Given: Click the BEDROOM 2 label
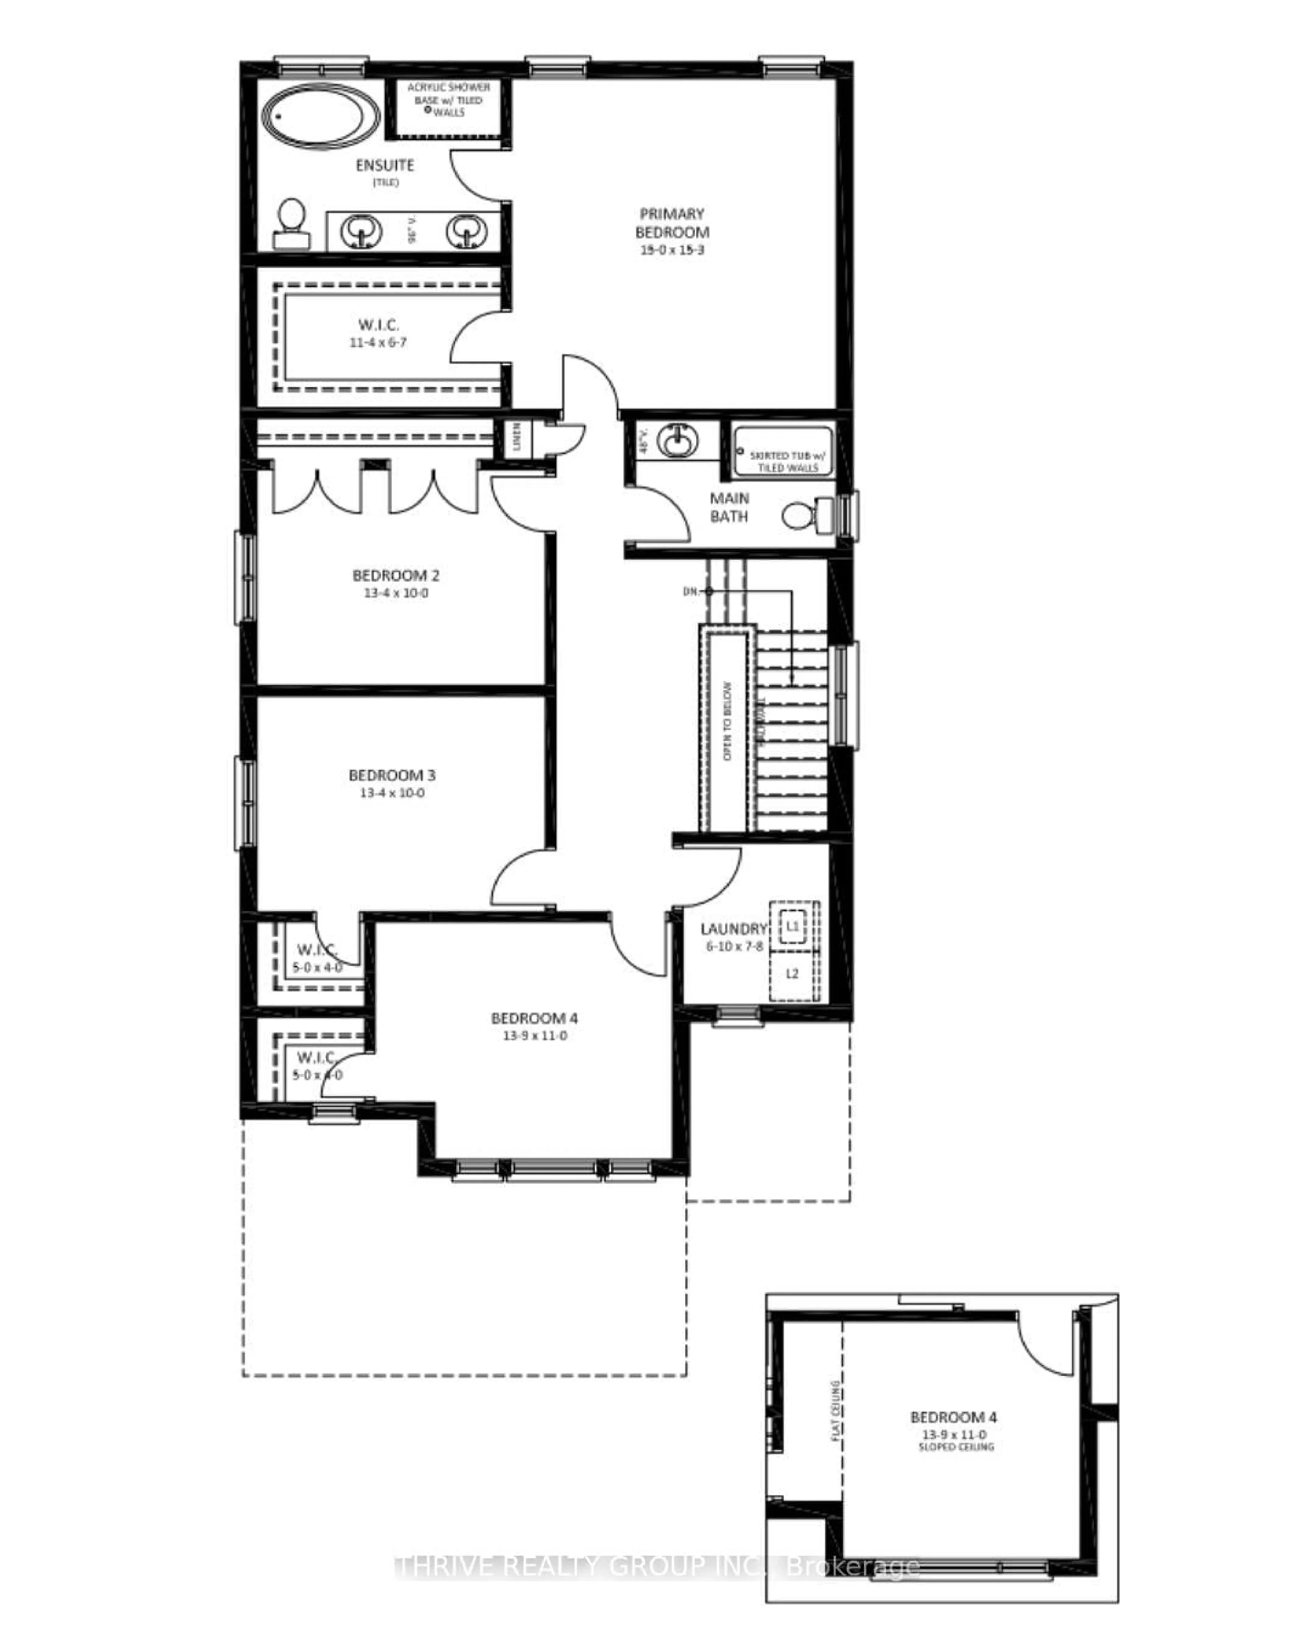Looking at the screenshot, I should pos(395,575).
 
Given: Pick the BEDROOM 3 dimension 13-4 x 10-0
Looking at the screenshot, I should pos(391,793).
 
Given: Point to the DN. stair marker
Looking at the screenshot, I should pos(691,591).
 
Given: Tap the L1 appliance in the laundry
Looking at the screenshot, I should pos(792,926).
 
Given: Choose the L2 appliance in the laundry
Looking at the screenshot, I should pos(792,973).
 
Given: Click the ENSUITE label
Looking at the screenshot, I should pos(385,165).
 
